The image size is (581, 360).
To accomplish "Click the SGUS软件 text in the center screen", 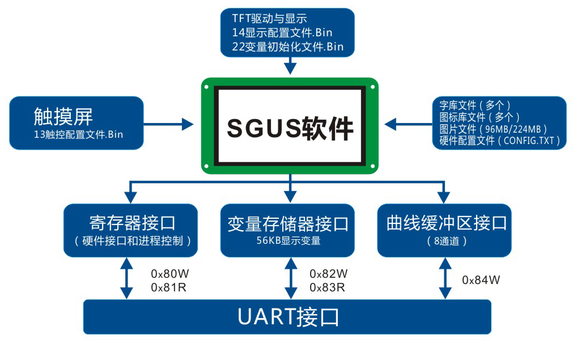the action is tap(290, 128).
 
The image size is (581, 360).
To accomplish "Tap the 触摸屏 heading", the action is tap(63, 116).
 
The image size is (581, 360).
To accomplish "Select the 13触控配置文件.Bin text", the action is tap(78, 134).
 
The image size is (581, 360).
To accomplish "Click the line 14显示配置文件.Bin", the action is tap(282, 33).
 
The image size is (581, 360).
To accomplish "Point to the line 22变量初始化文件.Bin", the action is tap(287, 46).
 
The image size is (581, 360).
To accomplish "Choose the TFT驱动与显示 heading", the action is tap(269, 19).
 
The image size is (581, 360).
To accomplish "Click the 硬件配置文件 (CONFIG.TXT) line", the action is tap(499, 141).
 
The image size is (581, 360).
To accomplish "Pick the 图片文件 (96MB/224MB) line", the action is tap(493, 129).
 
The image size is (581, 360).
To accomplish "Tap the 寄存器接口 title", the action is tap(132, 223).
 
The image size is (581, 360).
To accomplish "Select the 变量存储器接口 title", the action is tap(288, 224).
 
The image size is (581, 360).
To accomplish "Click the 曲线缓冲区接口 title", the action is tap(447, 223).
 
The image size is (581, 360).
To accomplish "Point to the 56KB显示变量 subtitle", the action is tap(289, 240).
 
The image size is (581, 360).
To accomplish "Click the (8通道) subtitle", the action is tap(447, 241).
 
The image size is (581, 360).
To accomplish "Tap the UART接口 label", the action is tap(288, 317).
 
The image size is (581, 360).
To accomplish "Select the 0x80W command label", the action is tap(169, 274).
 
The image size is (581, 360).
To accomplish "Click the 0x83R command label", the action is tap(327, 287).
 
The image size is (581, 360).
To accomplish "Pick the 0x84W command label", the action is tap(481, 280).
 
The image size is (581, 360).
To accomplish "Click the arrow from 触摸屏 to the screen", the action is tap(168, 124).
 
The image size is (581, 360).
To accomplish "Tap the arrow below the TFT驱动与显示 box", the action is tap(290, 65).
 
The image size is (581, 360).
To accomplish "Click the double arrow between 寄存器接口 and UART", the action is tap(126, 278).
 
